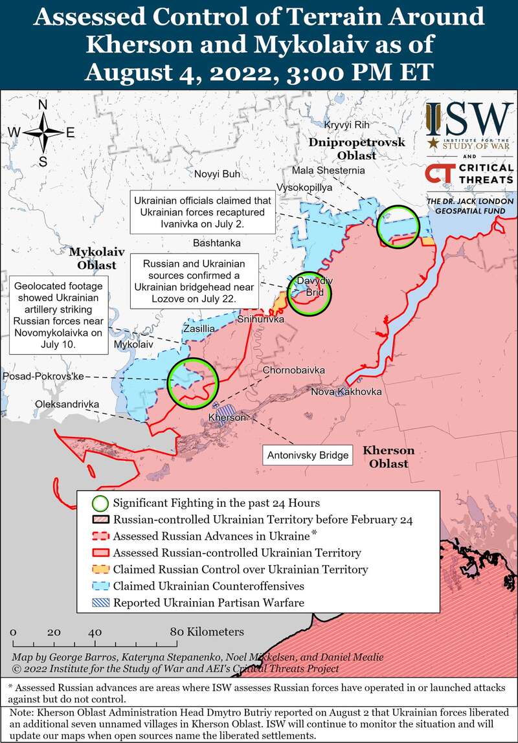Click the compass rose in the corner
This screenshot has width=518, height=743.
(x=43, y=132)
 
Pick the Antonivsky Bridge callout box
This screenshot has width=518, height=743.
(x=309, y=455)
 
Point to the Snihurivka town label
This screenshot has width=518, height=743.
(x=261, y=320)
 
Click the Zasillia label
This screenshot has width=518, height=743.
(x=199, y=328)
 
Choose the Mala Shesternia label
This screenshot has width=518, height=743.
(x=328, y=170)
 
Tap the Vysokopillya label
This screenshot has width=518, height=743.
(x=304, y=186)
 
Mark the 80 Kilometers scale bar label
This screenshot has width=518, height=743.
(x=207, y=631)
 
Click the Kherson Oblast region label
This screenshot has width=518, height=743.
(x=388, y=457)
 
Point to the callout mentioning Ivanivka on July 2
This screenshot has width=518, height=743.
(x=202, y=212)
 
